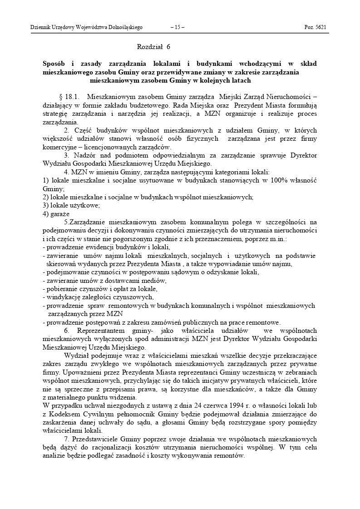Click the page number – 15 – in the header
click(x=177, y=27)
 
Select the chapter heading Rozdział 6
click(x=153, y=46)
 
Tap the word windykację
click(x=61, y=297)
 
